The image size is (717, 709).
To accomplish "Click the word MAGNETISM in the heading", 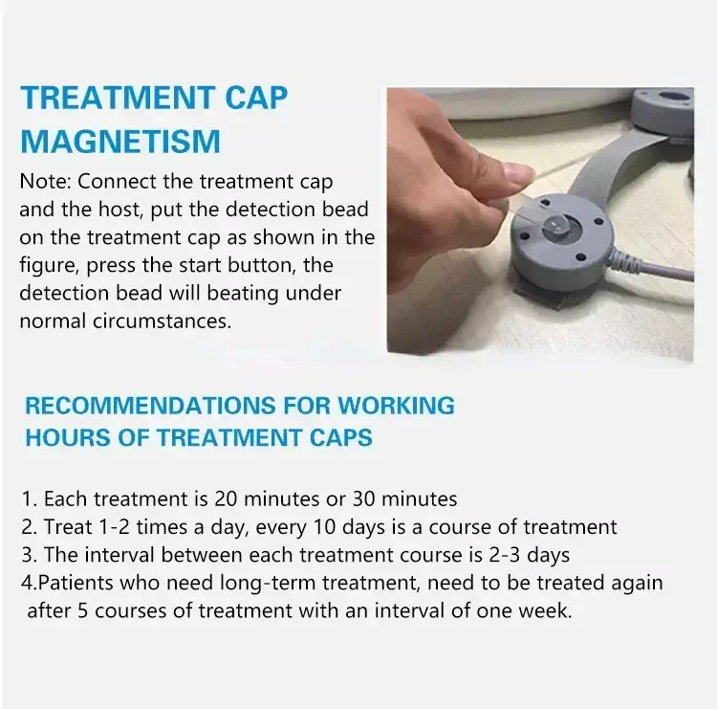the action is coord(120,141).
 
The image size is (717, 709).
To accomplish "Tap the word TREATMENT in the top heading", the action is coord(117,98).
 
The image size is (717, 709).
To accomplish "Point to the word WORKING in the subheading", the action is coord(396,406).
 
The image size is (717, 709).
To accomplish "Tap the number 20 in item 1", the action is coord(226,499).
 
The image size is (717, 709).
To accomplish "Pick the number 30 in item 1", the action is coord(363,499).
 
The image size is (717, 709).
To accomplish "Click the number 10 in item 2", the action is coord(324,527).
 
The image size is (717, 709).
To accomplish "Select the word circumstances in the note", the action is coord(162,321).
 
